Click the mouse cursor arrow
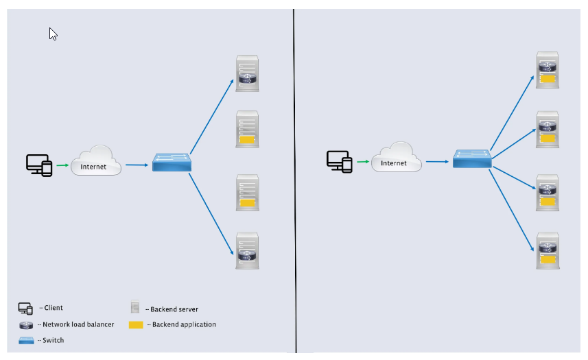point(53,34)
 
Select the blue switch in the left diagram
point(172,162)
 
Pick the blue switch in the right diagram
point(472,159)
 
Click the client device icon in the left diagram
point(39,165)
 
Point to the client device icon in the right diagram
point(339,162)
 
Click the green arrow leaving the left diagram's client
point(62,165)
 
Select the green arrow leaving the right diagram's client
point(362,163)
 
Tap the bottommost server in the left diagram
point(247,251)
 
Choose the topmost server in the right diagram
point(548,70)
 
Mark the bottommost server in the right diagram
point(548,250)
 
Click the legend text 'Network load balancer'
point(78,324)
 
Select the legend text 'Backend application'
point(184,324)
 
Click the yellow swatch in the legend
point(136,324)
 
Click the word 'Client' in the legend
point(53,308)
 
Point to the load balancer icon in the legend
point(26,324)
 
